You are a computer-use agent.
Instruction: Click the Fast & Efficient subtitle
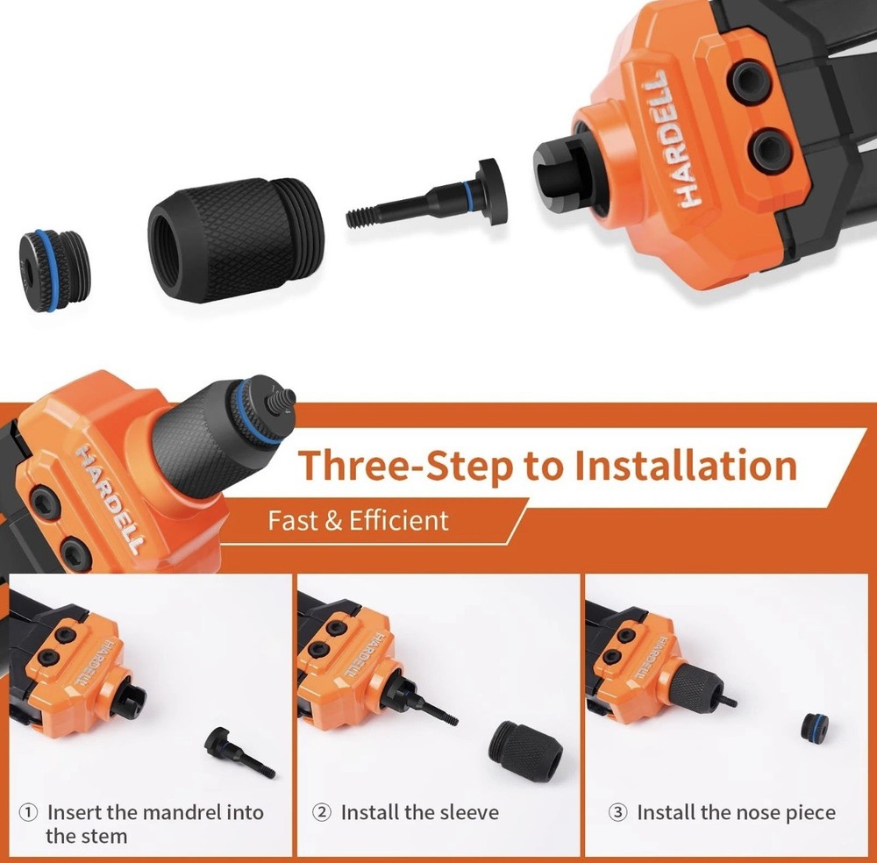[x=358, y=520]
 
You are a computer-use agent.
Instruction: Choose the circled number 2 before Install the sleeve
[x=322, y=813]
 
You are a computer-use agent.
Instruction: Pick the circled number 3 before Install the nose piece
[x=617, y=813]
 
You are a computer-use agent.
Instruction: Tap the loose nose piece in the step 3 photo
[x=816, y=727]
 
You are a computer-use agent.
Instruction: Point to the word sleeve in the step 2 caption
[x=467, y=813]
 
